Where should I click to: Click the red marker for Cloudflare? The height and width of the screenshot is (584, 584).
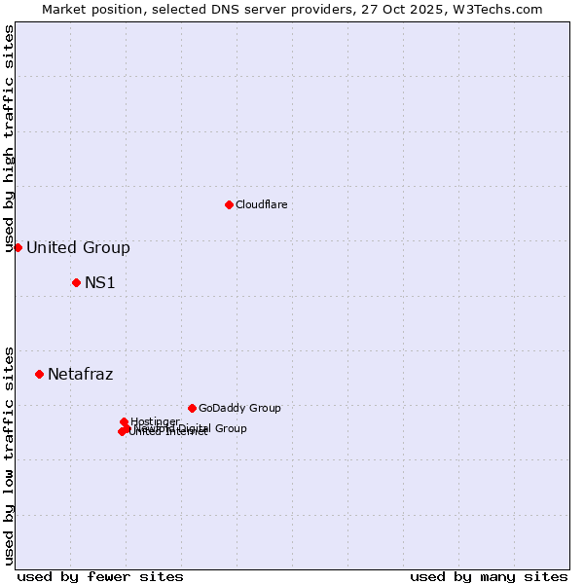229,204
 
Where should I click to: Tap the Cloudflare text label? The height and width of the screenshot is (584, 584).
261,204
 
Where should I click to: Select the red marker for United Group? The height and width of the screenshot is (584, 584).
18,247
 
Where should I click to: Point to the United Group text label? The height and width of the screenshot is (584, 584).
78,247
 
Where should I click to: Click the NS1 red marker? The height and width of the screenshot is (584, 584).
76,282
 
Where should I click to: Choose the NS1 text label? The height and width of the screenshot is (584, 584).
100,282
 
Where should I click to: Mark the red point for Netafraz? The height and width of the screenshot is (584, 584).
39,374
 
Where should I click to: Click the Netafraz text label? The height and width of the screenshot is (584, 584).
81,374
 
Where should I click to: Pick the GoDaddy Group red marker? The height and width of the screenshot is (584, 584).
192,408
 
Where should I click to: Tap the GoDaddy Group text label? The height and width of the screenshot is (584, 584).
239,408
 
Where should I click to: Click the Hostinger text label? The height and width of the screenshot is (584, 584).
155,421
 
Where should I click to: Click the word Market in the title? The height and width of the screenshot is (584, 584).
65,9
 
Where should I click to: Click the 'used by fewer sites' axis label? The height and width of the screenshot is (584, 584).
100,576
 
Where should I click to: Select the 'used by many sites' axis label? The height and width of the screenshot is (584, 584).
489,576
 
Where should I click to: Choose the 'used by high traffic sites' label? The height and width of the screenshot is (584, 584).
9,139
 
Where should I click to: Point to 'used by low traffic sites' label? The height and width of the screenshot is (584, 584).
9,456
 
